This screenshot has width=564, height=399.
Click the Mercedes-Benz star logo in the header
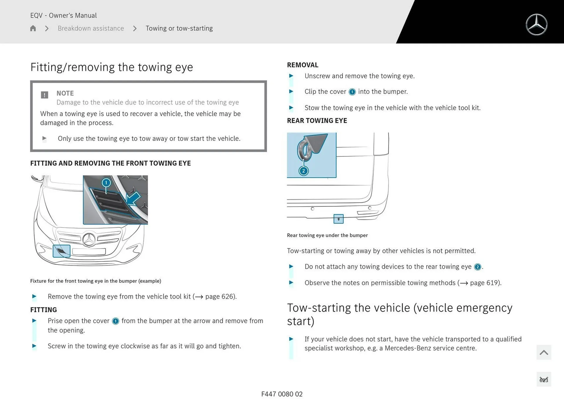536,25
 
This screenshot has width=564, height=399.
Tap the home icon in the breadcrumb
33,28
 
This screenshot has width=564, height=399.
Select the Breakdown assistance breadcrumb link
91,28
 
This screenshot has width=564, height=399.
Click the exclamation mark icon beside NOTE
44,95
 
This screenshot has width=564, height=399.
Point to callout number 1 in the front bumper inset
106,183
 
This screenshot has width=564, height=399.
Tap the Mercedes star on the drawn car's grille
89,240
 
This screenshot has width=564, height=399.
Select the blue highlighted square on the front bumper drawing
61,251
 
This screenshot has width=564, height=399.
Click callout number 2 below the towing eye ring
303,171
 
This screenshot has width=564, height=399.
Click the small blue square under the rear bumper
338,219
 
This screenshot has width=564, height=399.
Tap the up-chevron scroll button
543,352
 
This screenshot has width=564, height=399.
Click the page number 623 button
543,380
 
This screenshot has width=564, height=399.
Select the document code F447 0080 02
282,394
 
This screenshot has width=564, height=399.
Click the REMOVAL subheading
303,65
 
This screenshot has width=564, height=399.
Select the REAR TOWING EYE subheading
317,121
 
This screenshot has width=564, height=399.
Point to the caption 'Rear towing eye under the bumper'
327,235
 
